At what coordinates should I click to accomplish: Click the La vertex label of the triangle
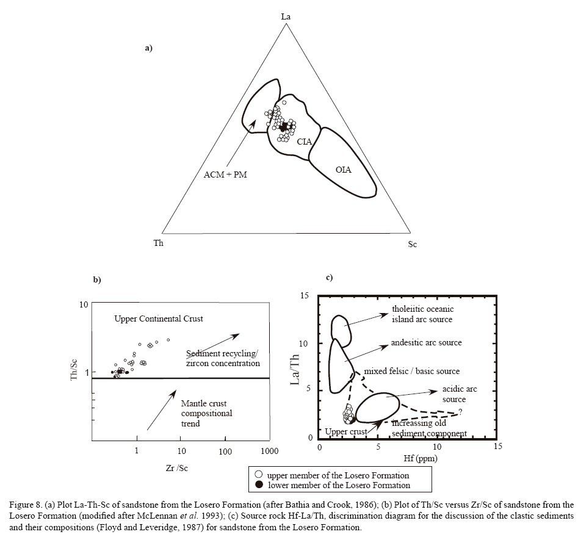click(x=286, y=16)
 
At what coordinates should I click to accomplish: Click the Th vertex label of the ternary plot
click(x=158, y=243)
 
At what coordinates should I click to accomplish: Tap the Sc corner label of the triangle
click(x=413, y=244)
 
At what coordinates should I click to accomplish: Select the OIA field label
click(x=344, y=170)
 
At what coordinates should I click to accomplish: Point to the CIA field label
click(x=305, y=142)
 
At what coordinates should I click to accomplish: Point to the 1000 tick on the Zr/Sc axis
click(x=269, y=452)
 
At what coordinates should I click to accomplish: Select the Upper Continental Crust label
click(x=159, y=319)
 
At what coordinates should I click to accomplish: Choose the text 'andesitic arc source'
click(x=426, y=343)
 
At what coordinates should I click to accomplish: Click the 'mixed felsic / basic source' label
click(x=411, y=371)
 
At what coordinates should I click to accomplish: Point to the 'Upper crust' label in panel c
click(x=345, y=431)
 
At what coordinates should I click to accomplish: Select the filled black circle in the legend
click(x=259, y=485)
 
